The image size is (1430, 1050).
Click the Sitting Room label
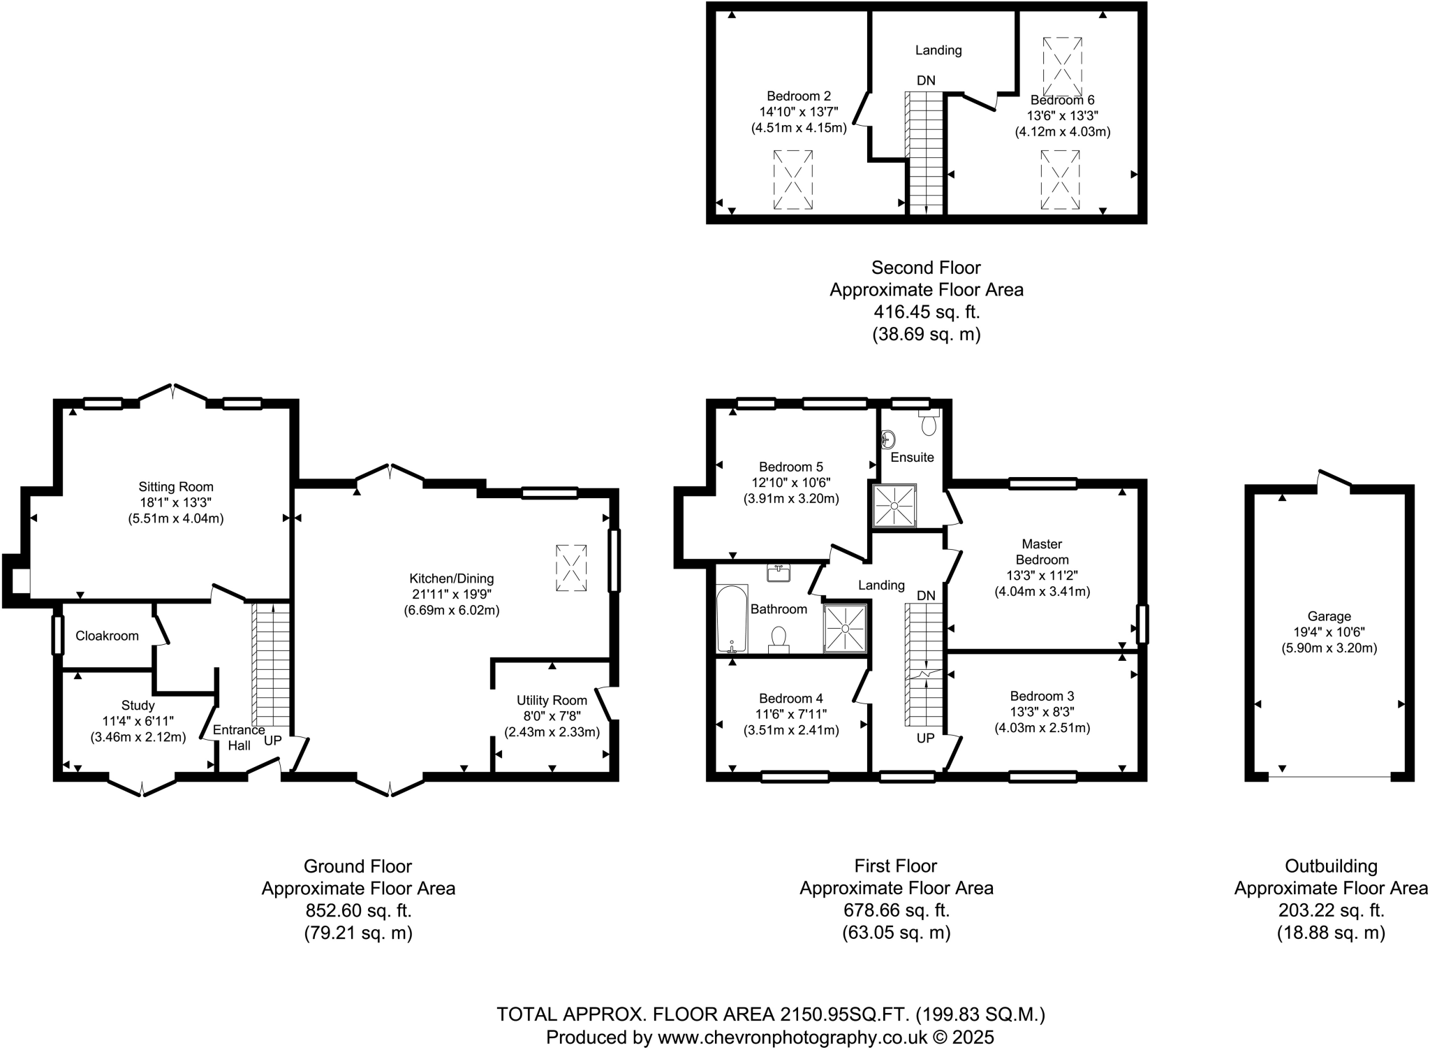(175, 487)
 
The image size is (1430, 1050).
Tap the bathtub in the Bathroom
(732, 619)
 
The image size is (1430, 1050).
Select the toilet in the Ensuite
(929, 423)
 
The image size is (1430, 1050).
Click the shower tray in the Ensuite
(894, 505)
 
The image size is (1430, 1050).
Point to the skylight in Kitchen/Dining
(571, 569)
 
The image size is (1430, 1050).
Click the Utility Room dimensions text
(552, 724)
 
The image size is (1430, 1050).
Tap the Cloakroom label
(107, 636)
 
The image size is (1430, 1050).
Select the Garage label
(1329, 616)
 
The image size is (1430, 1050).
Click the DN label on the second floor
(926, 81)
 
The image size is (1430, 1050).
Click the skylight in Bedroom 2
(793, 180)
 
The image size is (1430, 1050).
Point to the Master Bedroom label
(1042, 551)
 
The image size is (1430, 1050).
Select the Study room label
(138, 706)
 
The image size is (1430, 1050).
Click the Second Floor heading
(926, 268)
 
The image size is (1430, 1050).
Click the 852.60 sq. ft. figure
(358, 910)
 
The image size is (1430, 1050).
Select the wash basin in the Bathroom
(778, 574)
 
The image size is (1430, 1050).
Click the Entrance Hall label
(239, 737)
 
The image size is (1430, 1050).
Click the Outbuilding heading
(1331, 866)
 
